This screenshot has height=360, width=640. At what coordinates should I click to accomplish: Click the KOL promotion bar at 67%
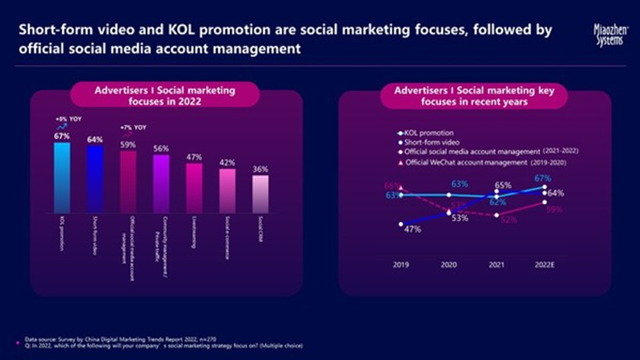tap(62, 178)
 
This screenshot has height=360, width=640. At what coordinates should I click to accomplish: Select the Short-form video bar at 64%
tap(95, 179)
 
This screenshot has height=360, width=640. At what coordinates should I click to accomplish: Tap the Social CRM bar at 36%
tap(261, 194)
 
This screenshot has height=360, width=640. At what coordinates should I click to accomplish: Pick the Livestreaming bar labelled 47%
tap(194, 188)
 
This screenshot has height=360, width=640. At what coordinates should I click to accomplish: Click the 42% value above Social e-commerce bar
tap(227, 163)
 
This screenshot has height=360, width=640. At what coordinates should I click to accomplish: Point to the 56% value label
tap(161, 149)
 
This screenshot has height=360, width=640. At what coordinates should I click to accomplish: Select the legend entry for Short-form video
tap(432, 142)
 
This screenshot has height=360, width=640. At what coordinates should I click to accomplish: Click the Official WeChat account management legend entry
tap(466, 163)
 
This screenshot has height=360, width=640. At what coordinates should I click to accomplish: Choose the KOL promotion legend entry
tap(429, 133)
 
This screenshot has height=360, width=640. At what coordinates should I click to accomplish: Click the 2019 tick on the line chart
tap(401, 265)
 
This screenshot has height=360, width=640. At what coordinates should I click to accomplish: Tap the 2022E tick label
tap(544, 265)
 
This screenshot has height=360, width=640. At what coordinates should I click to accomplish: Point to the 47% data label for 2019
tap(413, 230)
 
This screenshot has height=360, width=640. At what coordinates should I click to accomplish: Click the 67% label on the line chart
tap(543, 178)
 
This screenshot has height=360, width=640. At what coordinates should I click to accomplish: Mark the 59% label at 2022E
tap(554, 210)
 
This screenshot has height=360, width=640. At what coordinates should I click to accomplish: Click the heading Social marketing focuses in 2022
tap(165, 95)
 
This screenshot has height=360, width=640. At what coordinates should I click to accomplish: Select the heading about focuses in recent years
tap(474, 96)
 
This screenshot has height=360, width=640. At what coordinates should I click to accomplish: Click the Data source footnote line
tap(121, 339)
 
